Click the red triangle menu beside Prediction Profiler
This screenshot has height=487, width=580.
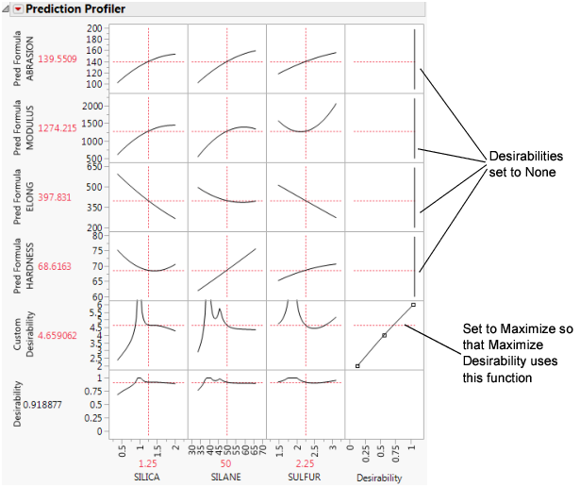(x=17, y=8)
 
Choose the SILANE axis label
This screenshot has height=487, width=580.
(x=227, y=478)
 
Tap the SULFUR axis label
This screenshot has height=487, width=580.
(x=307, y=478)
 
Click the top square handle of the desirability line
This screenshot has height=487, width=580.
(x=413, y=305)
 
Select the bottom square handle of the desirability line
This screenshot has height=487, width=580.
(x=356, y=365)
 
